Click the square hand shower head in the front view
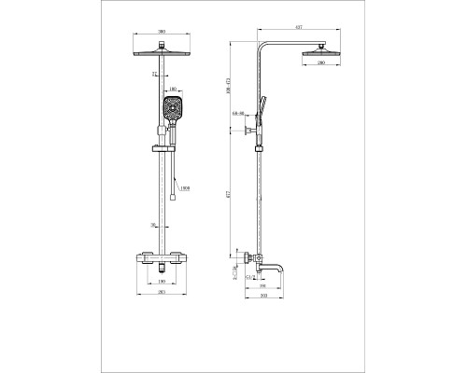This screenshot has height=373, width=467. pyautogui.click(x=173, y=111)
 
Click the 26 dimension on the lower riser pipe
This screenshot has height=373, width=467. pyautogui.click(x=153, y=224)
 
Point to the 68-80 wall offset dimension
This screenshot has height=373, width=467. pyautogui.click(x=242, y=116)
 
